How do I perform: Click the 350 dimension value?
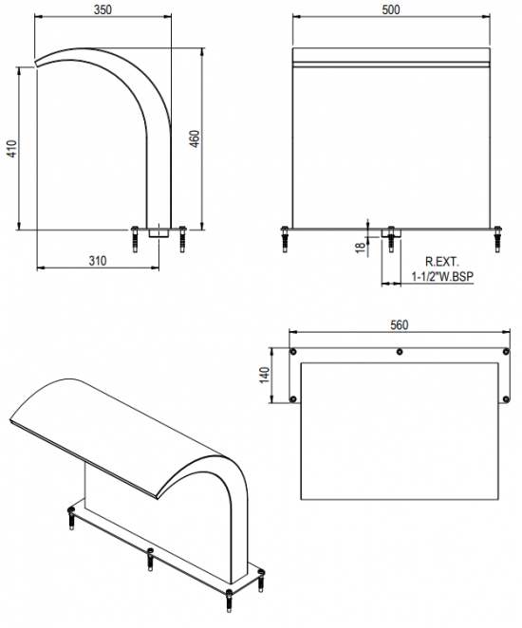(103, 9)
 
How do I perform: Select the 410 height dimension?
(12, 148)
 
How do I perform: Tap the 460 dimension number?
(195, 139)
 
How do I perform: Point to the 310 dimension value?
(98, 261)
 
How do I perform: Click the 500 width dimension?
(391, 9)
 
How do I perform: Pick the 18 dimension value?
(361, 247)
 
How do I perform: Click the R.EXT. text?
(442, 262)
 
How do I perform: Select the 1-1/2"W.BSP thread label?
(442, 276)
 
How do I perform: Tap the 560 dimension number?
(399, 324)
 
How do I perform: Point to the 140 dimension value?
(265, 376)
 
